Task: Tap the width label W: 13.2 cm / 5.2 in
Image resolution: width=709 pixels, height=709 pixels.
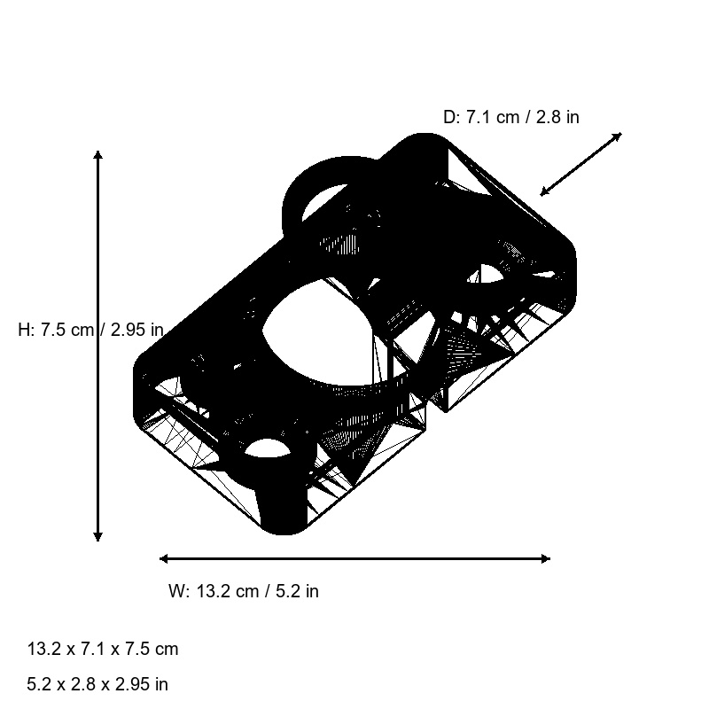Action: click(244, 591)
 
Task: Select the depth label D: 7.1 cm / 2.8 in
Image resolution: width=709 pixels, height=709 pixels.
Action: click(511, 117)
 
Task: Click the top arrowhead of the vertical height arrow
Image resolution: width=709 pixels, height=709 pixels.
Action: click(97, 156)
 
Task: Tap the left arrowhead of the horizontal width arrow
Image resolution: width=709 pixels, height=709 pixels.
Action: click(164, 558)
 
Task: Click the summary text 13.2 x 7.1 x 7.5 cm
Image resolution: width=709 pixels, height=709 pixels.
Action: click(103, 649)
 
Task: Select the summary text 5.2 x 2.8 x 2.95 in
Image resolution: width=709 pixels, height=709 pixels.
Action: click(97, 684)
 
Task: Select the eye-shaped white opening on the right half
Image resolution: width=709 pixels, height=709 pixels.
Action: click(487, 275)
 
